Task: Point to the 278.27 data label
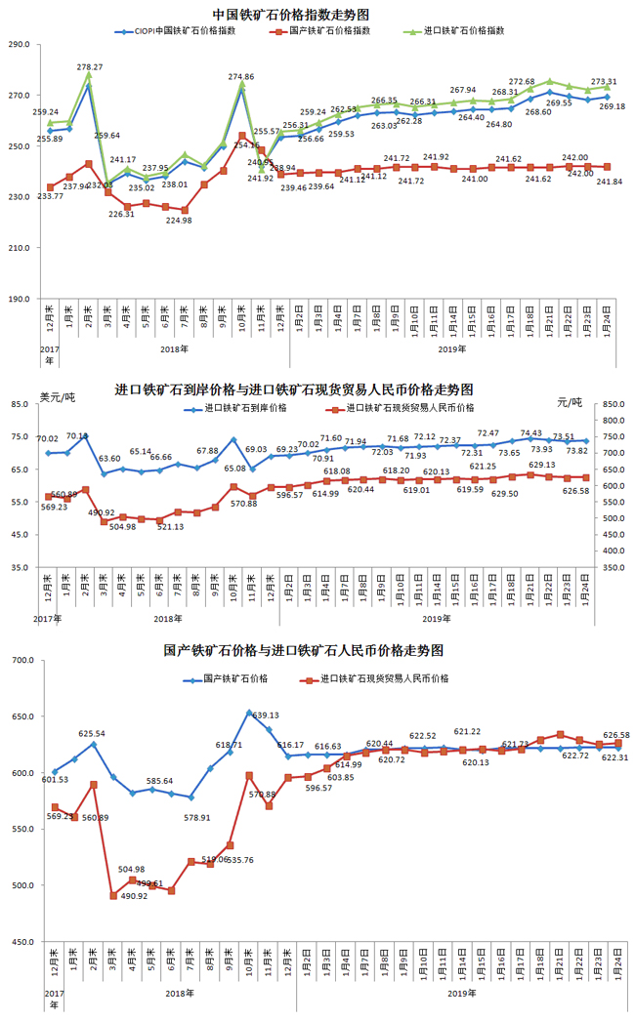point(90,67)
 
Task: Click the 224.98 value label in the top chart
point(179,220)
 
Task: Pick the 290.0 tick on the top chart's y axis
point(19,45)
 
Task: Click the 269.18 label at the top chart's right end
point(612,106)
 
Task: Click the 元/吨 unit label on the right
point(569,402)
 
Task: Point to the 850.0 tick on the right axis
point(614,404)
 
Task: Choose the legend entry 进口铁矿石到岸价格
point(244,408)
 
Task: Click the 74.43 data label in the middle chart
point(530,432)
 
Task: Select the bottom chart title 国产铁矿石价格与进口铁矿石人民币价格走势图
point(304,649)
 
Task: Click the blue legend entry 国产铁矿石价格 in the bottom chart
point(233,677)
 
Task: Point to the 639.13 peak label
point(266,715)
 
